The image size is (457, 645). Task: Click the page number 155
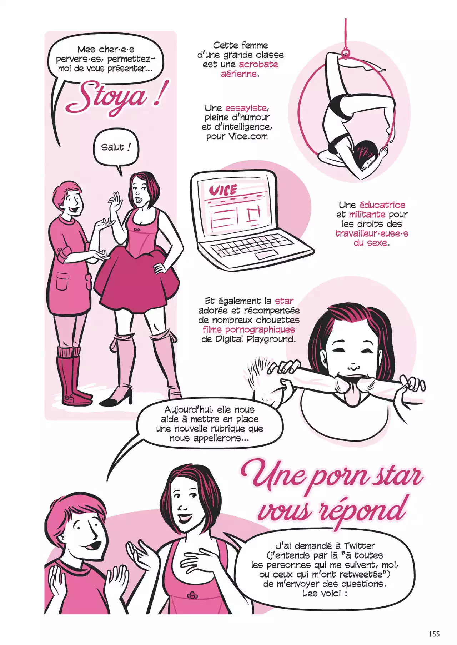pyautogui.click(x=434, y=634)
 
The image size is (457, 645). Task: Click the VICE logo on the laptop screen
pyautogui.click(x=223, y=190)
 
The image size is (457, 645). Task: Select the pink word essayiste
pyautogui.click(x=246, y=108)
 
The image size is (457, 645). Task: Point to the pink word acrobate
pyautogui.click(x=258, y=65)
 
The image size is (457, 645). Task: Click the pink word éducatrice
pyautogui.click(x=382, y=205)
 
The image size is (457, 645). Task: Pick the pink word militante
pyautogui.click(x=367, y=215)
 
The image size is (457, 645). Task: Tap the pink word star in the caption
pyautogui.click(x=284, y=301)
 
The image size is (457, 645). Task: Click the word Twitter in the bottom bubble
pyautogui.click(x=360, y=546)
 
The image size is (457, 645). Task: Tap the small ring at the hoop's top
pyautogui.click(x=345, y=54)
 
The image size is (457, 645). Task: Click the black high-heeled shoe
pyautogui.click(x=116, y=396)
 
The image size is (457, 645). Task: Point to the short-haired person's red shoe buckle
pyautogui.click(x=67, y=397)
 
